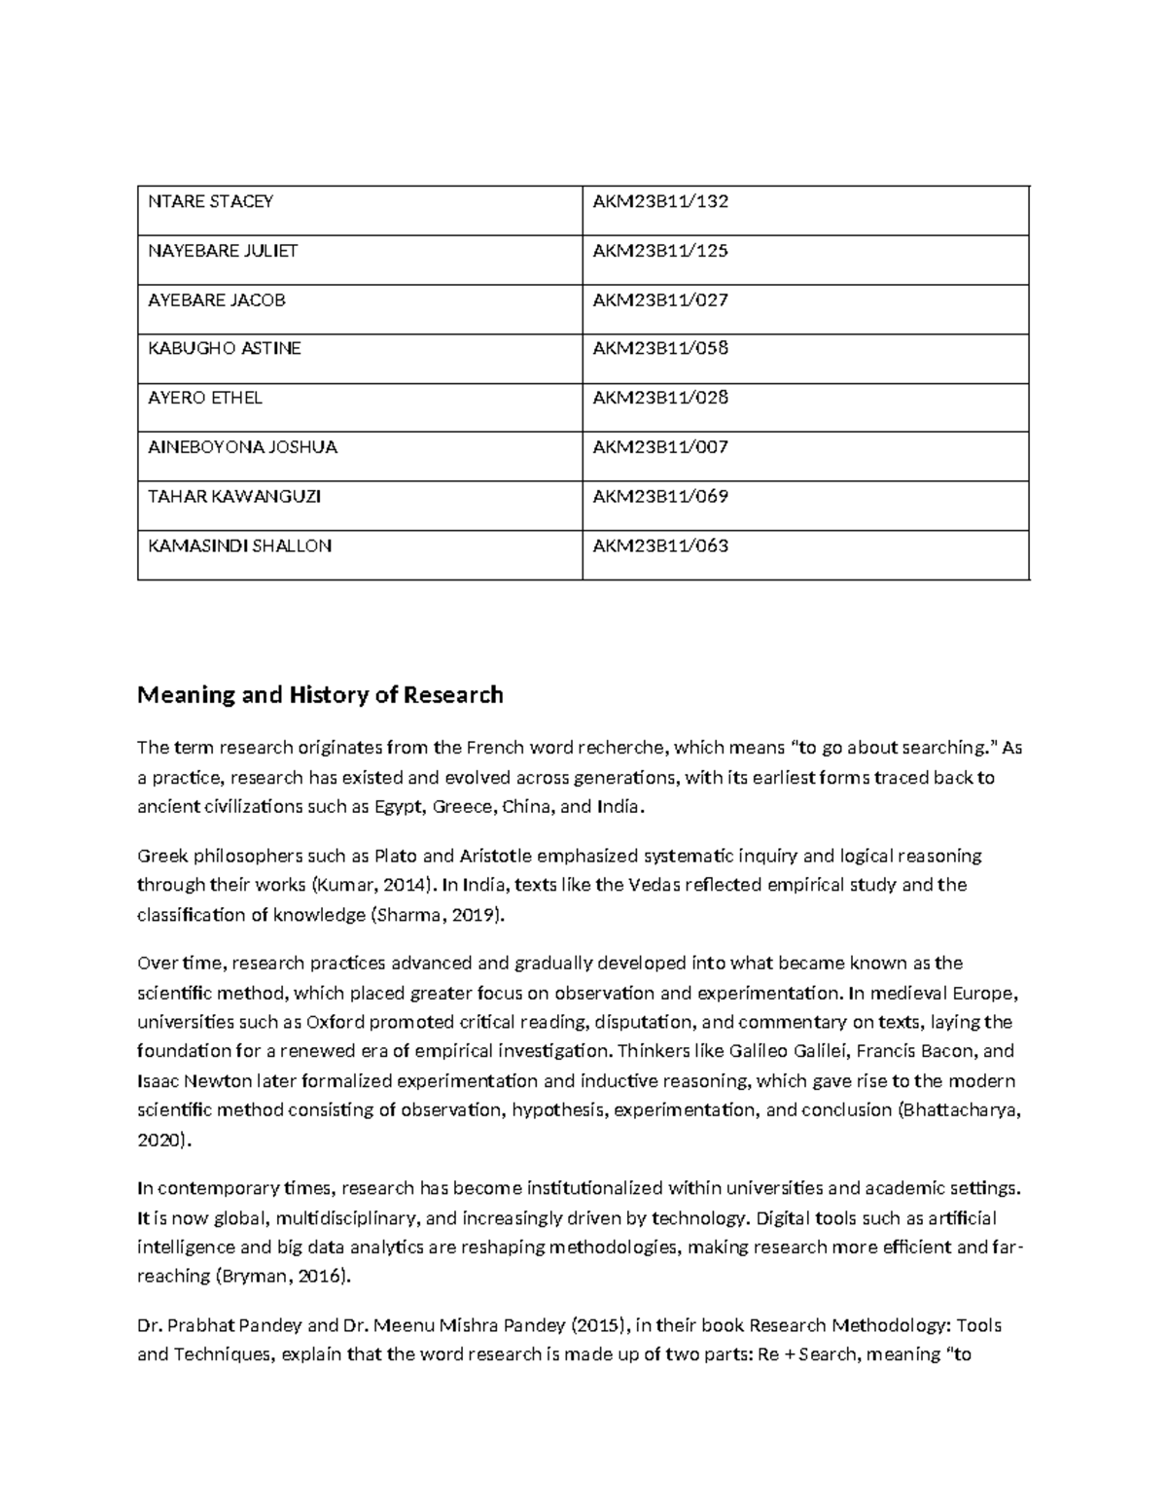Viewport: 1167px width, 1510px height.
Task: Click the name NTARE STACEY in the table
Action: pos(210,202)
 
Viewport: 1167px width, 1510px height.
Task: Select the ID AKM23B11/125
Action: pos(660,251)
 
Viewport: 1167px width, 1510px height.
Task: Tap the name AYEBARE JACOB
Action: pos(217,300)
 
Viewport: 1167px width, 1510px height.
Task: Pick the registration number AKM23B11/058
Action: pos(660,349)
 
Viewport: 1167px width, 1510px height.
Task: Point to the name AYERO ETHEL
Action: pos(205,398)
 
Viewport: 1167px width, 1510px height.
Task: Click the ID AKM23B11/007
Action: pos(660,447)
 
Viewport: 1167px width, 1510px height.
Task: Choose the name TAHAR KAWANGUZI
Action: pos(234,497)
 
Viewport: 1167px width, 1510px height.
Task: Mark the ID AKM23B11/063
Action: pos(660,546)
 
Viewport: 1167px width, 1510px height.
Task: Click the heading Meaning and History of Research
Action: pos(320,695)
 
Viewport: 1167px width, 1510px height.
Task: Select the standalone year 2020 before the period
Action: pos(159,1141)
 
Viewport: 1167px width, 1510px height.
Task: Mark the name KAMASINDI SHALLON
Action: pos(239,546)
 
